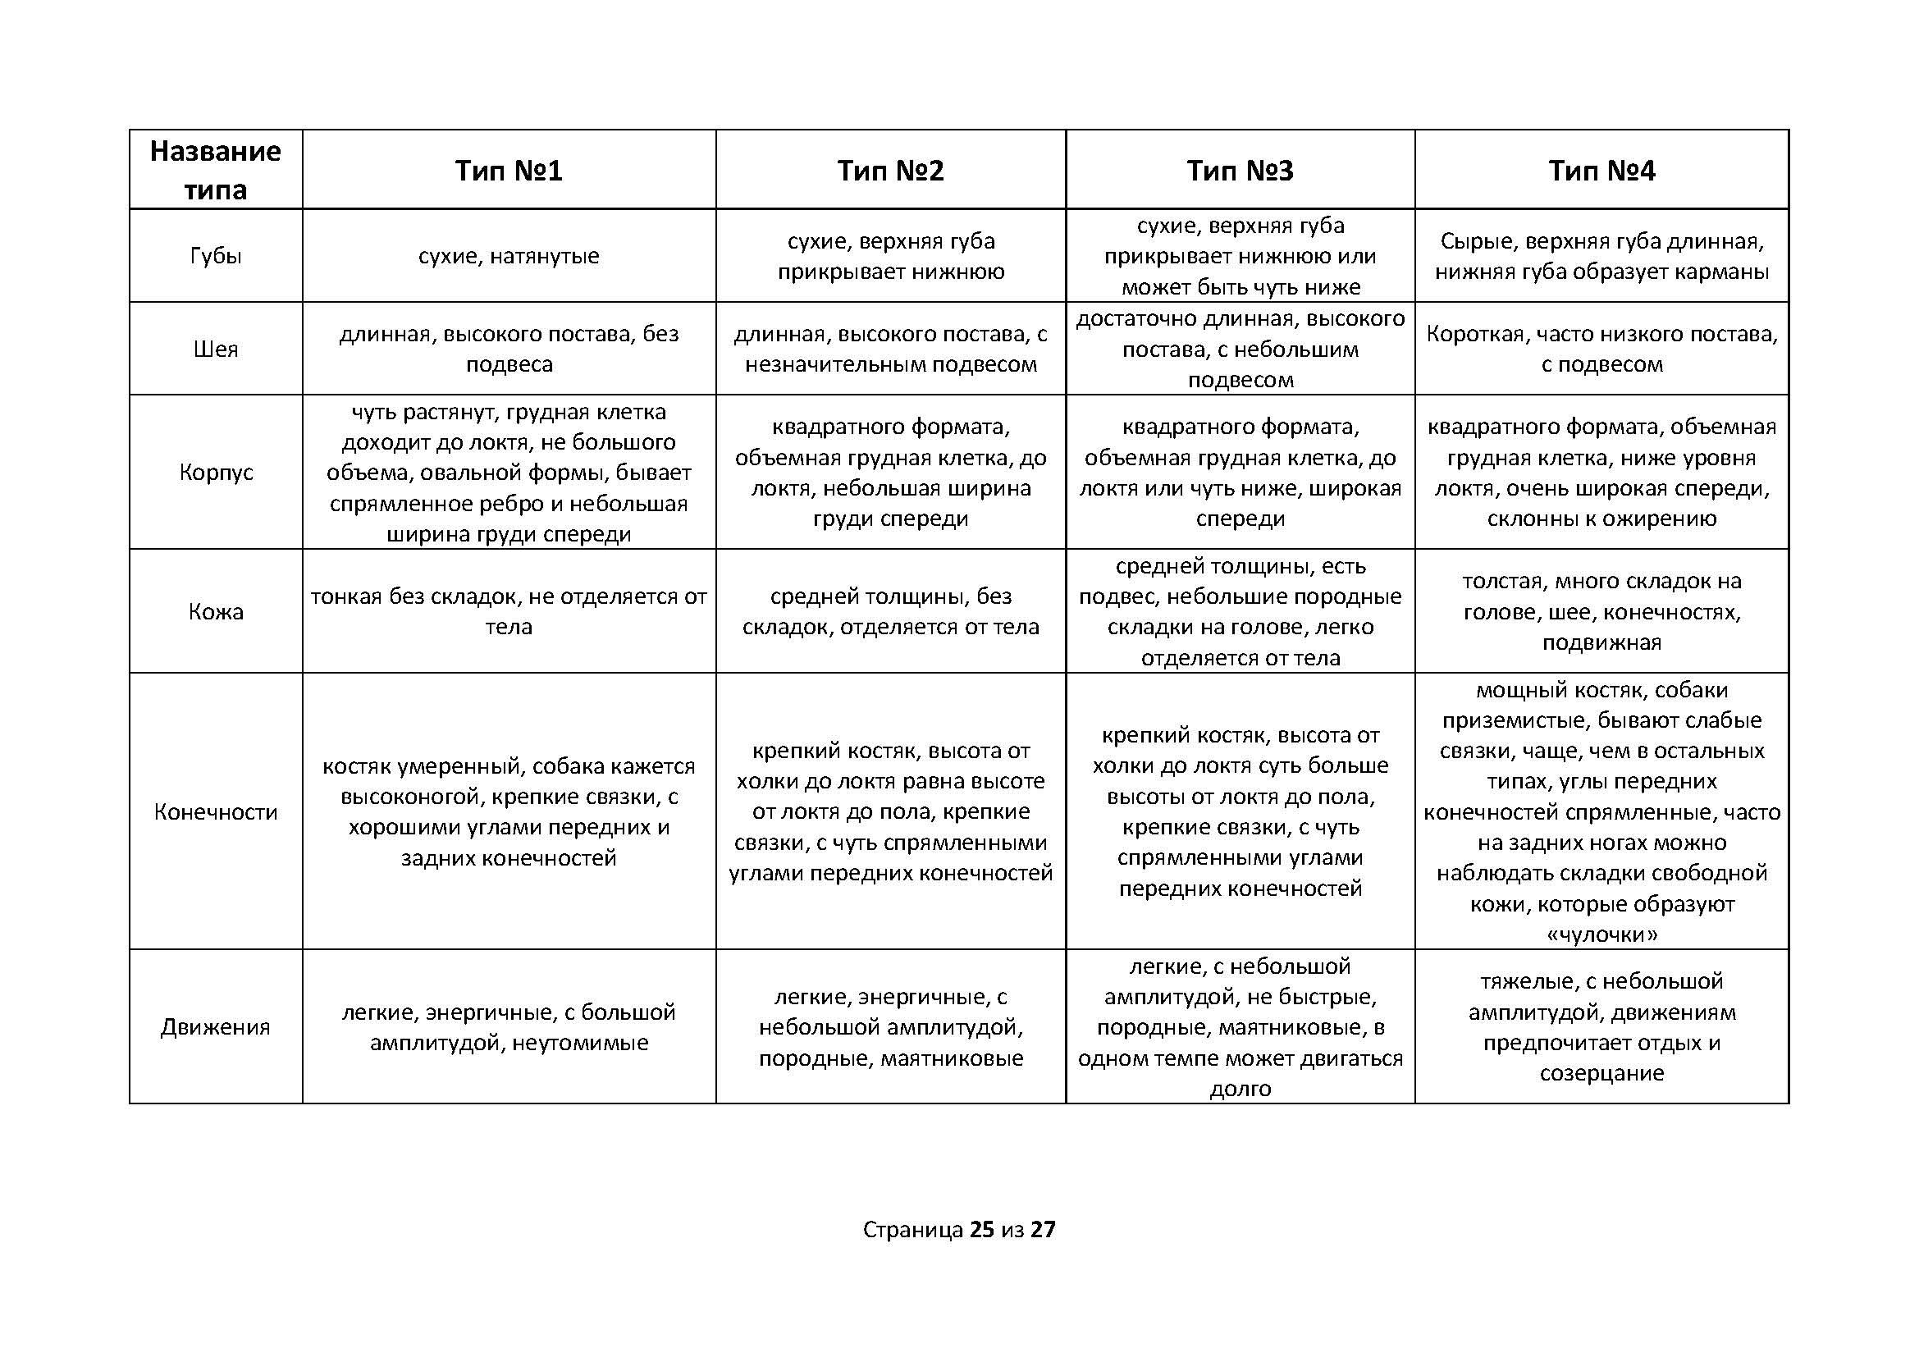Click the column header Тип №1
pos(508,171)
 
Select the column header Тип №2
pos(890,171)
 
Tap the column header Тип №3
pos(1240,171)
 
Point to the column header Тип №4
pos(1601,171)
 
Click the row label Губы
pos(216,256)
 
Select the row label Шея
pos(216,349)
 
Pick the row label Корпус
pos(216,472)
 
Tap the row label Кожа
pos(216,611)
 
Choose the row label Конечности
pos(216,811)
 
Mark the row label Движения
pos(216,1027)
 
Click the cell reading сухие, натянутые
pos(508,256)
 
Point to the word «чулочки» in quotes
pos(1601,934)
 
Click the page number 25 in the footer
pos(982,1229)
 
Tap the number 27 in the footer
pos(1043,1229)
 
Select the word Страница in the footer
pos(912,1229)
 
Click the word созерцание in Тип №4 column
pos(1601,1073)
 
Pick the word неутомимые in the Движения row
pos(579,1043)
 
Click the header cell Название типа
pos(216,171)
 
